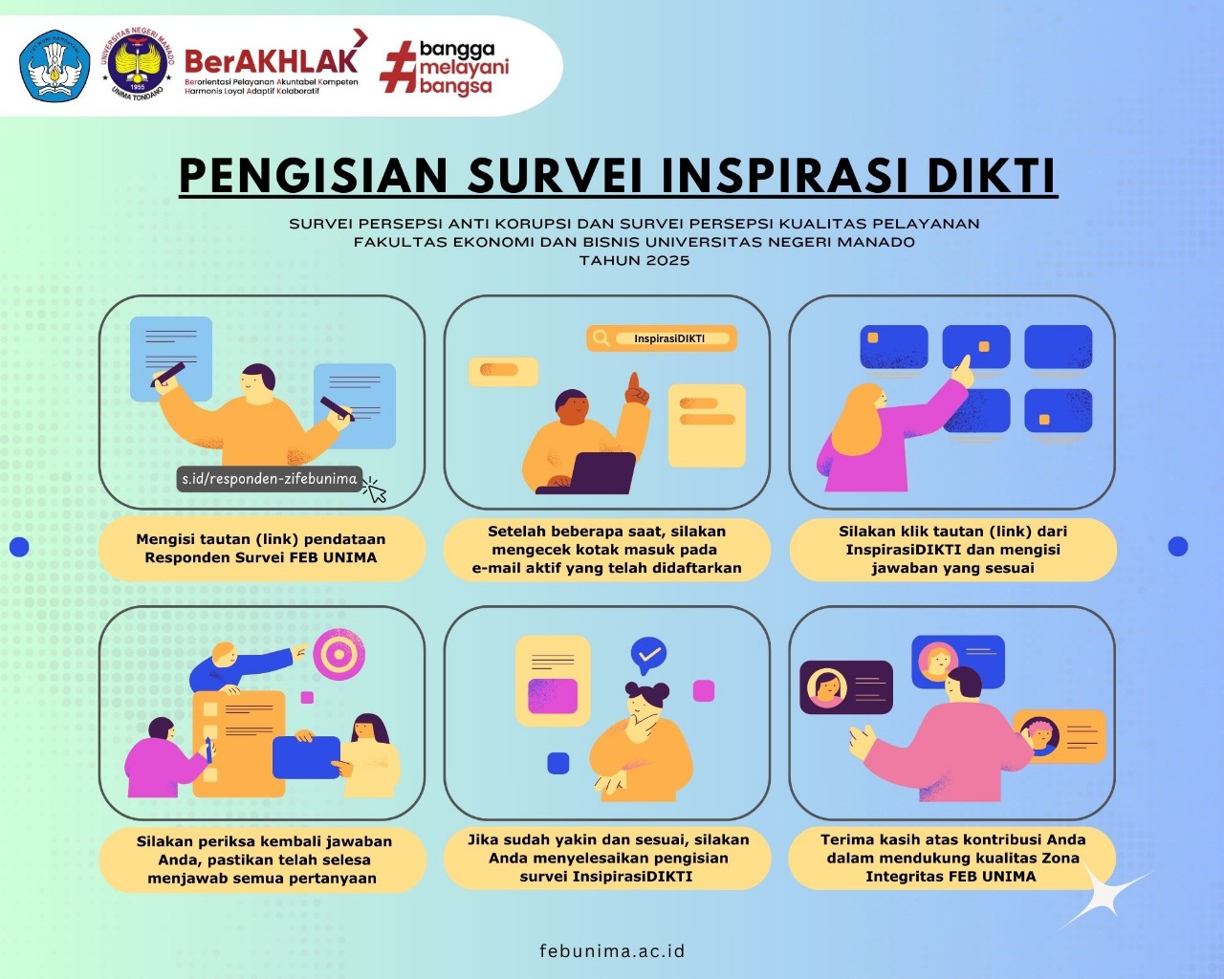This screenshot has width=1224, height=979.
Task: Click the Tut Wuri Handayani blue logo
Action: pyautogui.click(x=55, y=66)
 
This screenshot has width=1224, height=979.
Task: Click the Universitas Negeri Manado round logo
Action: pyautogui.click(x=138, y=64)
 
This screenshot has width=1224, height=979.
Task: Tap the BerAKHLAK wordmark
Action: pyautogui.click(x=272, y=61)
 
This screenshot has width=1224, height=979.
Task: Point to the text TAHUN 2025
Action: pyautogui.click(x=634, y=261)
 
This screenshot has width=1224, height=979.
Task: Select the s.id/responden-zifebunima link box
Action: pyautogui.click(x=270, y=479)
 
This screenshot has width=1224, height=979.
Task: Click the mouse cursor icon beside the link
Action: pyautogui.click(x=375, y=489)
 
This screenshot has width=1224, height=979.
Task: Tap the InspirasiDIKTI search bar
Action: pyautogui.click(x=662, y=338)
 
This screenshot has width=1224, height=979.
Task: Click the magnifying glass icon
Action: pyautogui.click(x=601, y=338)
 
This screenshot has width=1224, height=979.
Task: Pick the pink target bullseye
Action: pyautogui.click(x=339, y=654)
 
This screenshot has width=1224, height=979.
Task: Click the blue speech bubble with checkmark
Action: pyautogui.click(x=648, y=656)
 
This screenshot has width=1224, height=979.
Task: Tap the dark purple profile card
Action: pyautogui.click(x=846, y=687)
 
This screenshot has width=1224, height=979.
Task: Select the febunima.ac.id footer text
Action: pyautogui.click(x=612, y=951)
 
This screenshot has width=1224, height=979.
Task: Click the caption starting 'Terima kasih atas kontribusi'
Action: pyautogui.click(x=952, y=858)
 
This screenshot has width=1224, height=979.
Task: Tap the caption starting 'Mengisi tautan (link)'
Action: pyautogui.click(x=262, y=548)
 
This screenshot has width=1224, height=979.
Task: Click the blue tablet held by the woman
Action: pyautogui.click(x=306, y=757)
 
